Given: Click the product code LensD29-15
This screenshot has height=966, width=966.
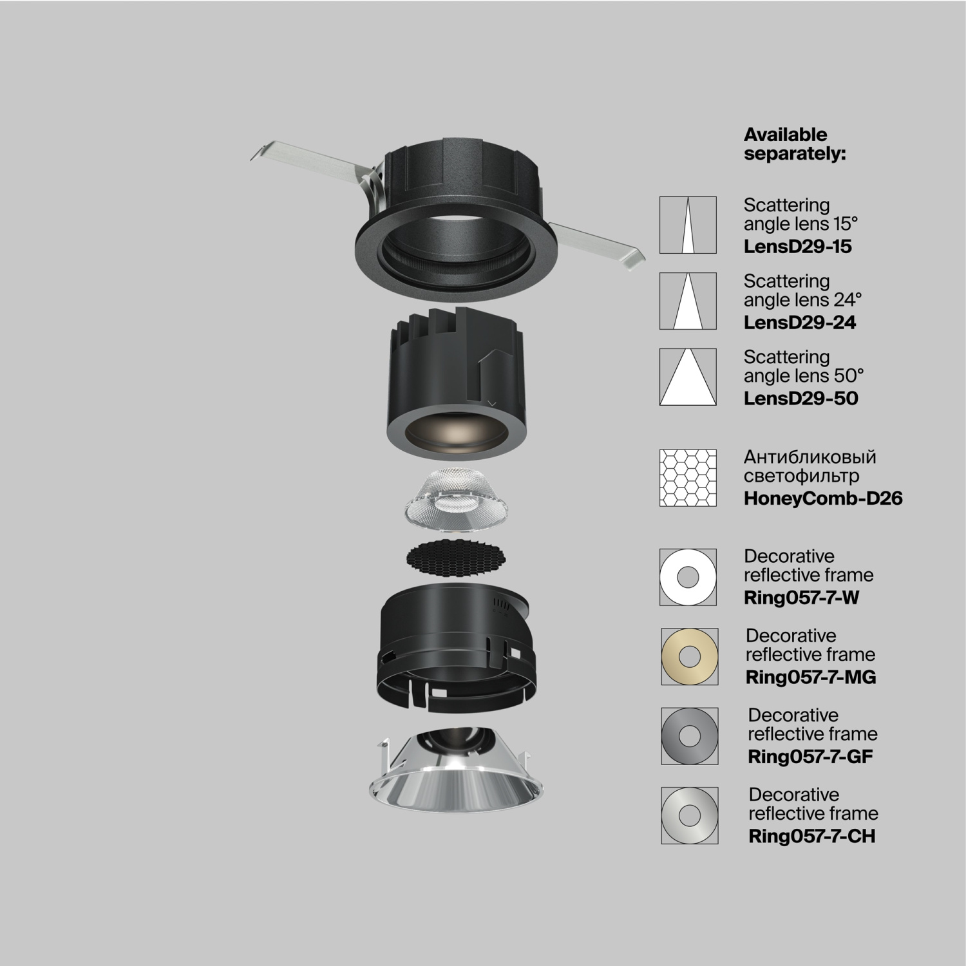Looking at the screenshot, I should tap(797, 246).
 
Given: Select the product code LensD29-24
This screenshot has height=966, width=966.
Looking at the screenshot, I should tap(799, 322).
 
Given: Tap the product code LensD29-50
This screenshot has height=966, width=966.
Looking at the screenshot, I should tap(800, 398).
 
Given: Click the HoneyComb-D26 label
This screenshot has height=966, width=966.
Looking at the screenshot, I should tap(822, 498).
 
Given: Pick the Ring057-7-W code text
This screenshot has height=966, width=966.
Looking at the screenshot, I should tap(801, 597).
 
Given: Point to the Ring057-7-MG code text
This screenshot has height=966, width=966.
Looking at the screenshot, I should tap(810, 677).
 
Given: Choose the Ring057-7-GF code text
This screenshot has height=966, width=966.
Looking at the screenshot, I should tap(810, 756).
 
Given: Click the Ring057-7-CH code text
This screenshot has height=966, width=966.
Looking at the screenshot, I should tap(811, 836).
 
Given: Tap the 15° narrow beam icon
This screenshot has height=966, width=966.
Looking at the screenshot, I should tap(688, 225).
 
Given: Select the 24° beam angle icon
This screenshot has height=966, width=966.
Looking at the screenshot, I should tap(688, 301).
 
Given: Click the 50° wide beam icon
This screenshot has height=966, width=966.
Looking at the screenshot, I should tap(688, 377).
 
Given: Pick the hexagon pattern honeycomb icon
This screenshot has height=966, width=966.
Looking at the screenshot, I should tap(688, 477).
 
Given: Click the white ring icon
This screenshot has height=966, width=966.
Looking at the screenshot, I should tap(688, 577).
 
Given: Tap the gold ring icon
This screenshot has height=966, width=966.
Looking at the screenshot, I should tap(689, 656).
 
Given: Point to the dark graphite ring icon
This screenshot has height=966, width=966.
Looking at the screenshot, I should tap(689, 736).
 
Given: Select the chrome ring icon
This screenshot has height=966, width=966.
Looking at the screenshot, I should tap(689, 815).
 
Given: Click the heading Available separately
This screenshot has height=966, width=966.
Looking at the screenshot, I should tap(794, 144).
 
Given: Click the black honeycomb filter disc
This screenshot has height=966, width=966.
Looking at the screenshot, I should tap(455, 559).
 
